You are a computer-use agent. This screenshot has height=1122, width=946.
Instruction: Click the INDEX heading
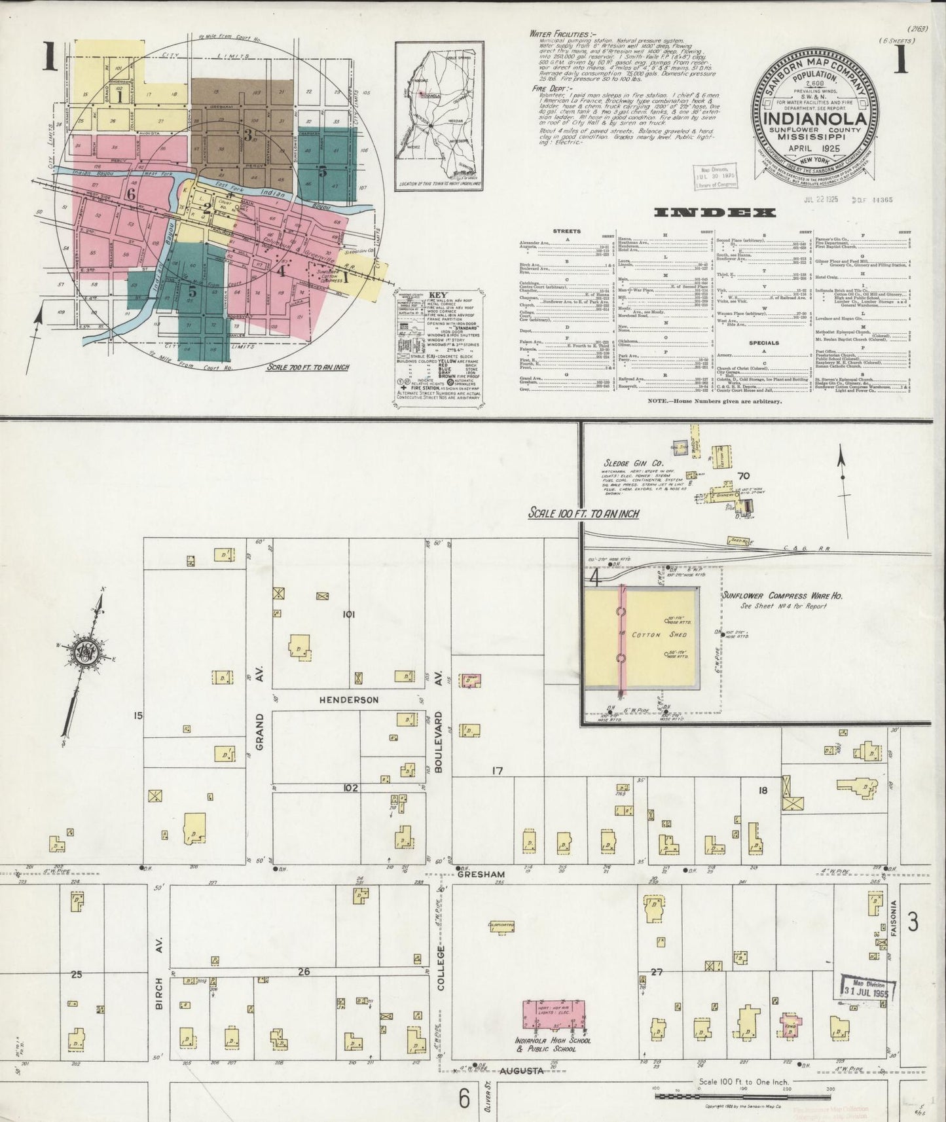(715, 212)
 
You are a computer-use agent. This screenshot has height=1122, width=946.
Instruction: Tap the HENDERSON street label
(349, 700)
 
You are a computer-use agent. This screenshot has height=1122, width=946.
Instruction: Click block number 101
(348, 614)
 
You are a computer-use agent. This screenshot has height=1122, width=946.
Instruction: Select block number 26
(303, 971)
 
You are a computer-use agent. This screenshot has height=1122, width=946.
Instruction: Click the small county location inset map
(439, 118)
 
